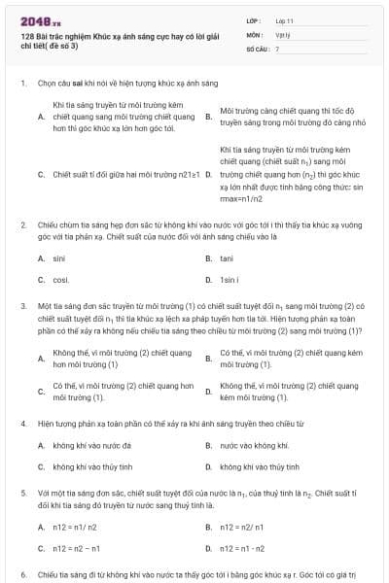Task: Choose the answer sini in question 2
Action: pyautogui.click(x=59, y=258)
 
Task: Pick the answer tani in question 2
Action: pyautogui.click(x=227, y=258)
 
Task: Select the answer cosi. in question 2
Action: pyautogui.click(x=61, y=280)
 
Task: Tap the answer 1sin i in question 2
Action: pyautogui.click(x=230, y=280)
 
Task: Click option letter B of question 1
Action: pyautogui.click(x=208, y=116)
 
